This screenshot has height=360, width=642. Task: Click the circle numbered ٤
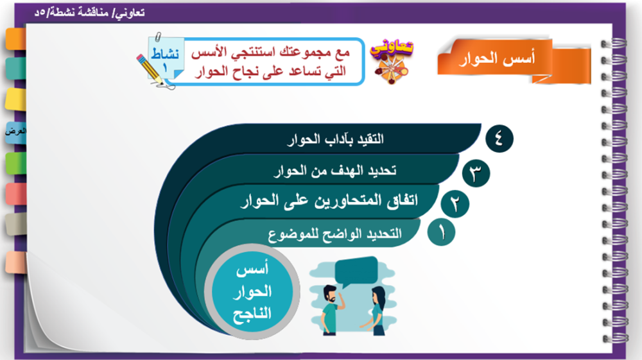[499, 139]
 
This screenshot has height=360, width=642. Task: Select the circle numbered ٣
[476, 173]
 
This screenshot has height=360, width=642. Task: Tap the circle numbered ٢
[455, 203]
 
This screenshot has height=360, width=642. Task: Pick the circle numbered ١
[441, 232]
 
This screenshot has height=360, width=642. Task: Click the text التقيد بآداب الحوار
[335, 139]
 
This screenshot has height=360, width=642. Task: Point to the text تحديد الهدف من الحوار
[335, 170]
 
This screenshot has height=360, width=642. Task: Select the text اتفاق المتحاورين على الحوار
[329, 201]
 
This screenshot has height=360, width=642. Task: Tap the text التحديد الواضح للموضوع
[334, 234]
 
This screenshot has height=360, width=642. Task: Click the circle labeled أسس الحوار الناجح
[252, 292]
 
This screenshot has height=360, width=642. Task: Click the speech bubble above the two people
[356, 271]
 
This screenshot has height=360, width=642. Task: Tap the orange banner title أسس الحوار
[497, 58]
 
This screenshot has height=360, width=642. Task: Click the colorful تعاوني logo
[392, 60]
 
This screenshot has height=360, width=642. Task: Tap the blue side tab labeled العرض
[15, 132]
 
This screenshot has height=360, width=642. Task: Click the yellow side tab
[15, 99]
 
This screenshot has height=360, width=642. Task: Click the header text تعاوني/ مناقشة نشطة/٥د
[90, 13]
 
